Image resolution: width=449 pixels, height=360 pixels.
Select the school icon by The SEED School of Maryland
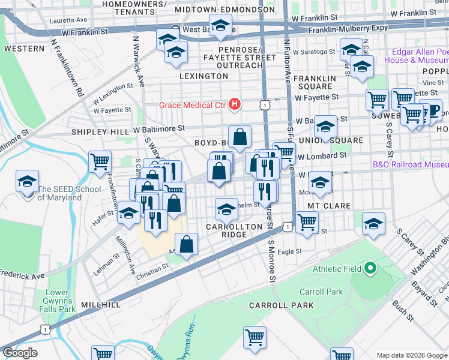point(27,182)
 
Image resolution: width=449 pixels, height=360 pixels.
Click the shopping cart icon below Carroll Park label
point(255,337)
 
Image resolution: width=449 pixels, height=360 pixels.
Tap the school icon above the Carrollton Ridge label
point(226,209)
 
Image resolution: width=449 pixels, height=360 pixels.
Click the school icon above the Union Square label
point(325,127)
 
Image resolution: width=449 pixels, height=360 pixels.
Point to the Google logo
point(20,353)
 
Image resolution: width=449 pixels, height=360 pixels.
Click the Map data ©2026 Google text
point(412,355)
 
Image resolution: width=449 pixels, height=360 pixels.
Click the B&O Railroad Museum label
point(411,164)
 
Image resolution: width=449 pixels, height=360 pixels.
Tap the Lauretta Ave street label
point(70,20)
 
